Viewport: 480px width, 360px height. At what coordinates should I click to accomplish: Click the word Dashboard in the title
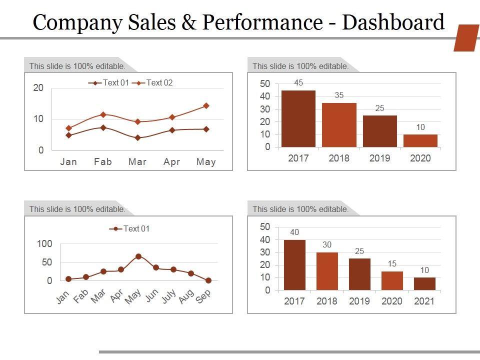click(x=393, y=22)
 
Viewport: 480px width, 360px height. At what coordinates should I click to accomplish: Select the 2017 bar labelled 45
click(x=298, y=118)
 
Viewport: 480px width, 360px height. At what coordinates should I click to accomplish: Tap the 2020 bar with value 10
click(x=420, y=140)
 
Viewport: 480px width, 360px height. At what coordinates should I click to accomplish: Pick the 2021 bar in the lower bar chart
click(x=424, y=283)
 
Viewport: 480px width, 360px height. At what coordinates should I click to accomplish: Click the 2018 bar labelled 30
click(x=327, y=271)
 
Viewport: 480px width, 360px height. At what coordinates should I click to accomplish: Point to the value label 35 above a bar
click(x=339, y=95)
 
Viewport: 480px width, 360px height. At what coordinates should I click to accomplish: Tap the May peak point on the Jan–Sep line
click(x=138, y=256)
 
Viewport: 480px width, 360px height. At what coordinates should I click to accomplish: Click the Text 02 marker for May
click(x=206, y=106)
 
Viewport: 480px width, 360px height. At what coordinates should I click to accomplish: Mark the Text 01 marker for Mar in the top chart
click(x=137, y=137)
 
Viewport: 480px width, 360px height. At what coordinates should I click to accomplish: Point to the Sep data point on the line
click(x=208, y=280)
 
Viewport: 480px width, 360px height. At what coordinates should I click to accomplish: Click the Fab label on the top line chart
click(x=103, y=161)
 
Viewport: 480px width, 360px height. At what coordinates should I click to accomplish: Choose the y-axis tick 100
click(x=44, y=244)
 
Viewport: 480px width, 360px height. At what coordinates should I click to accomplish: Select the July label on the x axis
click(x=168, y=296)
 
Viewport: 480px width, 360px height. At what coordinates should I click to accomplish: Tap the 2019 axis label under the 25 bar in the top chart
click(x=379, y=158)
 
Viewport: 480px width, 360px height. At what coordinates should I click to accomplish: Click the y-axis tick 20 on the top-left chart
click(x=38, y=88)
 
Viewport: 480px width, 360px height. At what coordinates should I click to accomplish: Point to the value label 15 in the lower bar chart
click(x=392, y=263)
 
